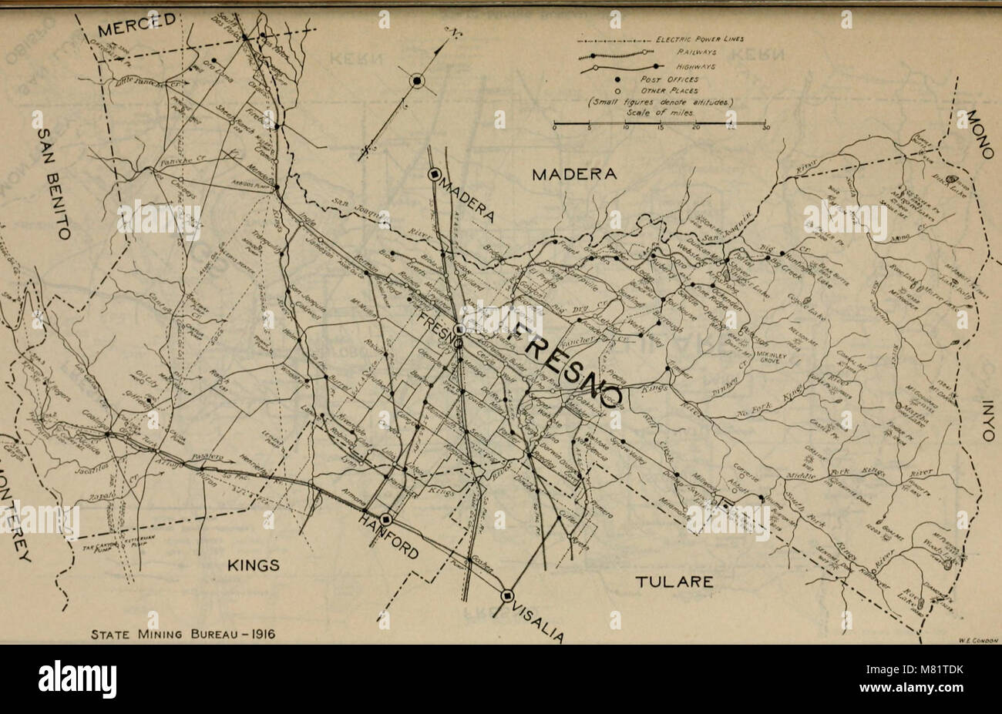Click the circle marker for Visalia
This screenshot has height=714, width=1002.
(507, 595)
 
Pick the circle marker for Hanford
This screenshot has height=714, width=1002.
(385, 519)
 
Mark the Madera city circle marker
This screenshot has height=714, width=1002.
(435, 174)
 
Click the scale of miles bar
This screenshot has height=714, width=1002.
(659, 123)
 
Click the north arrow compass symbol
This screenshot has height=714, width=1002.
(417, 80)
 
